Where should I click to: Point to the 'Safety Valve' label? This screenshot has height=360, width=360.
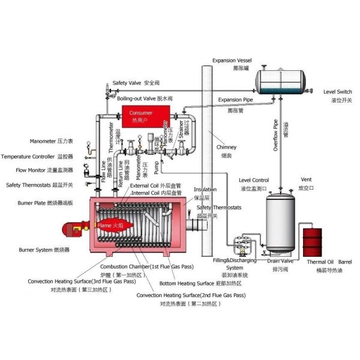coord(127,83)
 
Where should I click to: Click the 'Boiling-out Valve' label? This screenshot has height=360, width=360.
coord(136,97)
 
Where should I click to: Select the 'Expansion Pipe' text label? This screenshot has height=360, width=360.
coord(235,100)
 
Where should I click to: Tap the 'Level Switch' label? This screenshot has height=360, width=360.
coord(337,91)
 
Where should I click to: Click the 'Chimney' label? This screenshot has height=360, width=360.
coord(226,147)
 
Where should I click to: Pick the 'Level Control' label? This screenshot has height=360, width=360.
coord(253,180)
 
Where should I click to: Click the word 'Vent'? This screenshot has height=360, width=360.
coord(305,179)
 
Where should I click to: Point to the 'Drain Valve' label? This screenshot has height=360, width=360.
coord(280,261)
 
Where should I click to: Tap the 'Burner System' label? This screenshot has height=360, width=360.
coord(35,249)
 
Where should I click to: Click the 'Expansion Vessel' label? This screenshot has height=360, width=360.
coord(232,61)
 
